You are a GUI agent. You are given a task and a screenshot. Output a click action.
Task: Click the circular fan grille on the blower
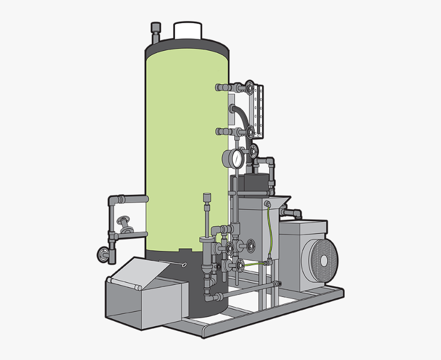click(320, 260)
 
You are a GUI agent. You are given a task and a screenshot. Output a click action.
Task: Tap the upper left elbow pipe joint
click(113, 200)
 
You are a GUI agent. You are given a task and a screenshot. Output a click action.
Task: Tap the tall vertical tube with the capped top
click(207, 215)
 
